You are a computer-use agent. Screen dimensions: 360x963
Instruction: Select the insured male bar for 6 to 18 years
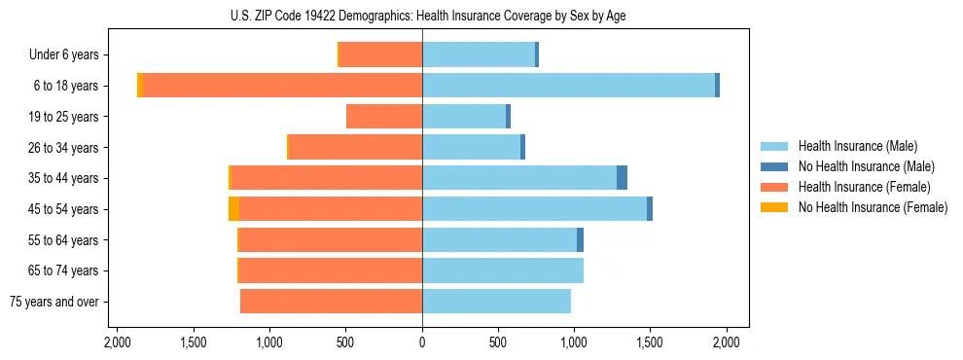(568, 86)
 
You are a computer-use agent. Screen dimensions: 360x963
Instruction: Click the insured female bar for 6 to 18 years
(282, 86)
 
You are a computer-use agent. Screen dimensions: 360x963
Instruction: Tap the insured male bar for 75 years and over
(496, 302)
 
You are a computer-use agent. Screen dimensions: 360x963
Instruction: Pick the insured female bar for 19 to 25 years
(384, 117)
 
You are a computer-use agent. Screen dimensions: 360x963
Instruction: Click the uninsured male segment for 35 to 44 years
(623, 178)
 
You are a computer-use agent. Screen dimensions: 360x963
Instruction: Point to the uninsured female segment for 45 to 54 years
(233, 209)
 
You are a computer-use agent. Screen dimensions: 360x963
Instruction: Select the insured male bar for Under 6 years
(479, 54)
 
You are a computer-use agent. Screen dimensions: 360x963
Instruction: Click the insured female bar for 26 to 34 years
(355, 147)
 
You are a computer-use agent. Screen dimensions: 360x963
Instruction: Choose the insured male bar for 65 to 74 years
(503, 270)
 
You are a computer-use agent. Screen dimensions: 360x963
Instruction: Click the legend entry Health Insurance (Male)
(857, 146)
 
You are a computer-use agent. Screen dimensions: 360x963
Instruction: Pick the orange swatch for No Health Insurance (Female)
(774, 207)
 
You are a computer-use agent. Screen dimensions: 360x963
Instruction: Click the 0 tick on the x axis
(422, 342)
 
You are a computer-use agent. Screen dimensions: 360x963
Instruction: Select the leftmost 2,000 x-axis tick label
(117, 342)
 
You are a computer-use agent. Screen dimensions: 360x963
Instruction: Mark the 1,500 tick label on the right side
(650, 342)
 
